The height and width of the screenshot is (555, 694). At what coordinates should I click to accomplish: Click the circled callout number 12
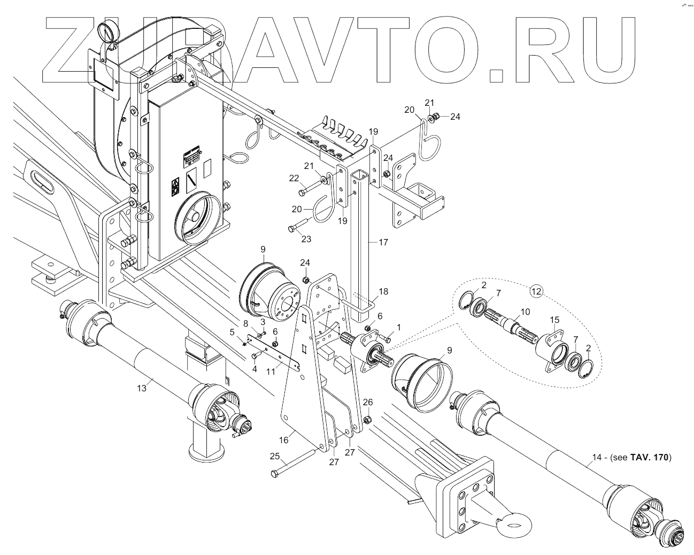pyautogui.click(x=536, y=291)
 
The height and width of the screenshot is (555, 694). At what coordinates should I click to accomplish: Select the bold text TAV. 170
pyautogui.click(x=650, y=457)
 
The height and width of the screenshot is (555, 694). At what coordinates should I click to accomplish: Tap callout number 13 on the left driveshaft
pyautogui.click(x=141, y=388)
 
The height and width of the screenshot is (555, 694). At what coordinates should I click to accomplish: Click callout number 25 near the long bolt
pyautogui.click(x=275, y=456)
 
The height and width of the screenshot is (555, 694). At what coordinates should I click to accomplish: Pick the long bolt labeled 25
pyautogui.click(x=294, y=464)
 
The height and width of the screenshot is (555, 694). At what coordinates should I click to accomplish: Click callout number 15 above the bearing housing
pyautogui.click(x=554, y=320)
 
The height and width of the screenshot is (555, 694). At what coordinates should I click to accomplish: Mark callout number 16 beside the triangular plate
pyautogui.click(x=284, y=440)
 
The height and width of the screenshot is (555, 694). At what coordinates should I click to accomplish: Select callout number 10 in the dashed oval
pyautogui.click(x=525, y=311)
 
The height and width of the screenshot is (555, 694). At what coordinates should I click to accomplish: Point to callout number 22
pyautogui.click(x=294, y=178)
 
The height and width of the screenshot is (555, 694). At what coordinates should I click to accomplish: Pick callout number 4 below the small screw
pyautogui.click(x=255, y=369)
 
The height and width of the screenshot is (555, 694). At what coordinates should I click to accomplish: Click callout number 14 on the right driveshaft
pyautogui.click(x=596, y=457)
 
